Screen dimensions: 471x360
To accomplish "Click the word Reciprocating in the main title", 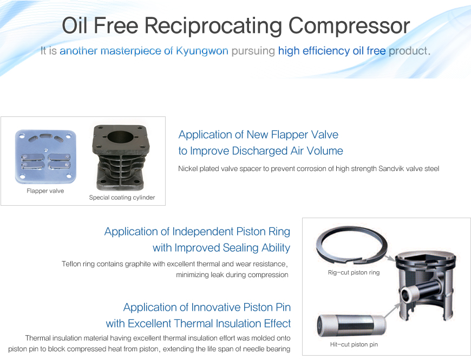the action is [213, 26].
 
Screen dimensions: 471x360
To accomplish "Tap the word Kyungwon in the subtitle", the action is [202, 51].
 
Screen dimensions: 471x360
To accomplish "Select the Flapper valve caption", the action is [45, 191].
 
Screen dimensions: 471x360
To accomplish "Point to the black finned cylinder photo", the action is [121, 158].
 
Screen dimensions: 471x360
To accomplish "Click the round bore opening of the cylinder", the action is [121, 137].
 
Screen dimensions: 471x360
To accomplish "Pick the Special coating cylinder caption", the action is [122, 198].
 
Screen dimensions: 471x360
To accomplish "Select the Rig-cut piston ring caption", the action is [354, 273].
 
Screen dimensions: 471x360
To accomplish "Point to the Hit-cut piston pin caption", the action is [354, 345].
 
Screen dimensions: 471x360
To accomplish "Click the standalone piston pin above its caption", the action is [351, 326].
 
